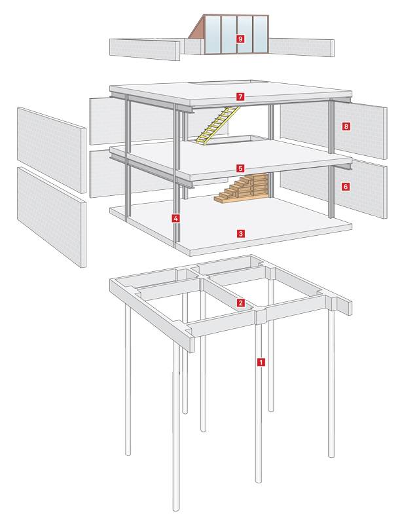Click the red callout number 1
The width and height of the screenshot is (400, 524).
[261, 362]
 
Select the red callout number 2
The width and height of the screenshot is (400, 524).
[240, 303]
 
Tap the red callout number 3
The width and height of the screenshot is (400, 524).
[240, 233]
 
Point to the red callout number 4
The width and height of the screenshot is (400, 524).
[175, 219]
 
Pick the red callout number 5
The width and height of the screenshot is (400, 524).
[240, 168]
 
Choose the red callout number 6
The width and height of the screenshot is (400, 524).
[346, 187]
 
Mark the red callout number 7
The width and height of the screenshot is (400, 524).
[240, 97]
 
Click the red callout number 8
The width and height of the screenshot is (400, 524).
[346, 126]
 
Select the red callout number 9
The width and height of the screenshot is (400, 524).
[240, 39]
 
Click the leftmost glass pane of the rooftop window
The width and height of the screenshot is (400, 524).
[213, 35]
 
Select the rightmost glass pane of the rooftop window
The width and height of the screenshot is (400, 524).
[261, 34]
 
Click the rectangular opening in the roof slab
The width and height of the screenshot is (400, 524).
[220, 83]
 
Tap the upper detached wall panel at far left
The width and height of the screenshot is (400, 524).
[52, 150]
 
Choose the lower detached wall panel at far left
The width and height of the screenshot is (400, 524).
[52, 217]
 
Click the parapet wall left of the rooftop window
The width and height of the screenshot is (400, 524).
[145, 50]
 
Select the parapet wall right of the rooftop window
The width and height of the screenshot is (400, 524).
[302, 47]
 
